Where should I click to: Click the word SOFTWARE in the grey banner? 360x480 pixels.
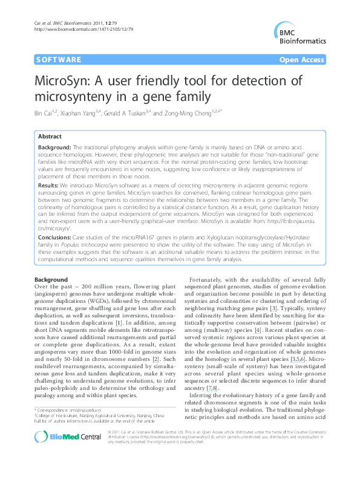coord(59,60)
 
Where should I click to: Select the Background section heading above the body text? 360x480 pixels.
coord(51,280)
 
